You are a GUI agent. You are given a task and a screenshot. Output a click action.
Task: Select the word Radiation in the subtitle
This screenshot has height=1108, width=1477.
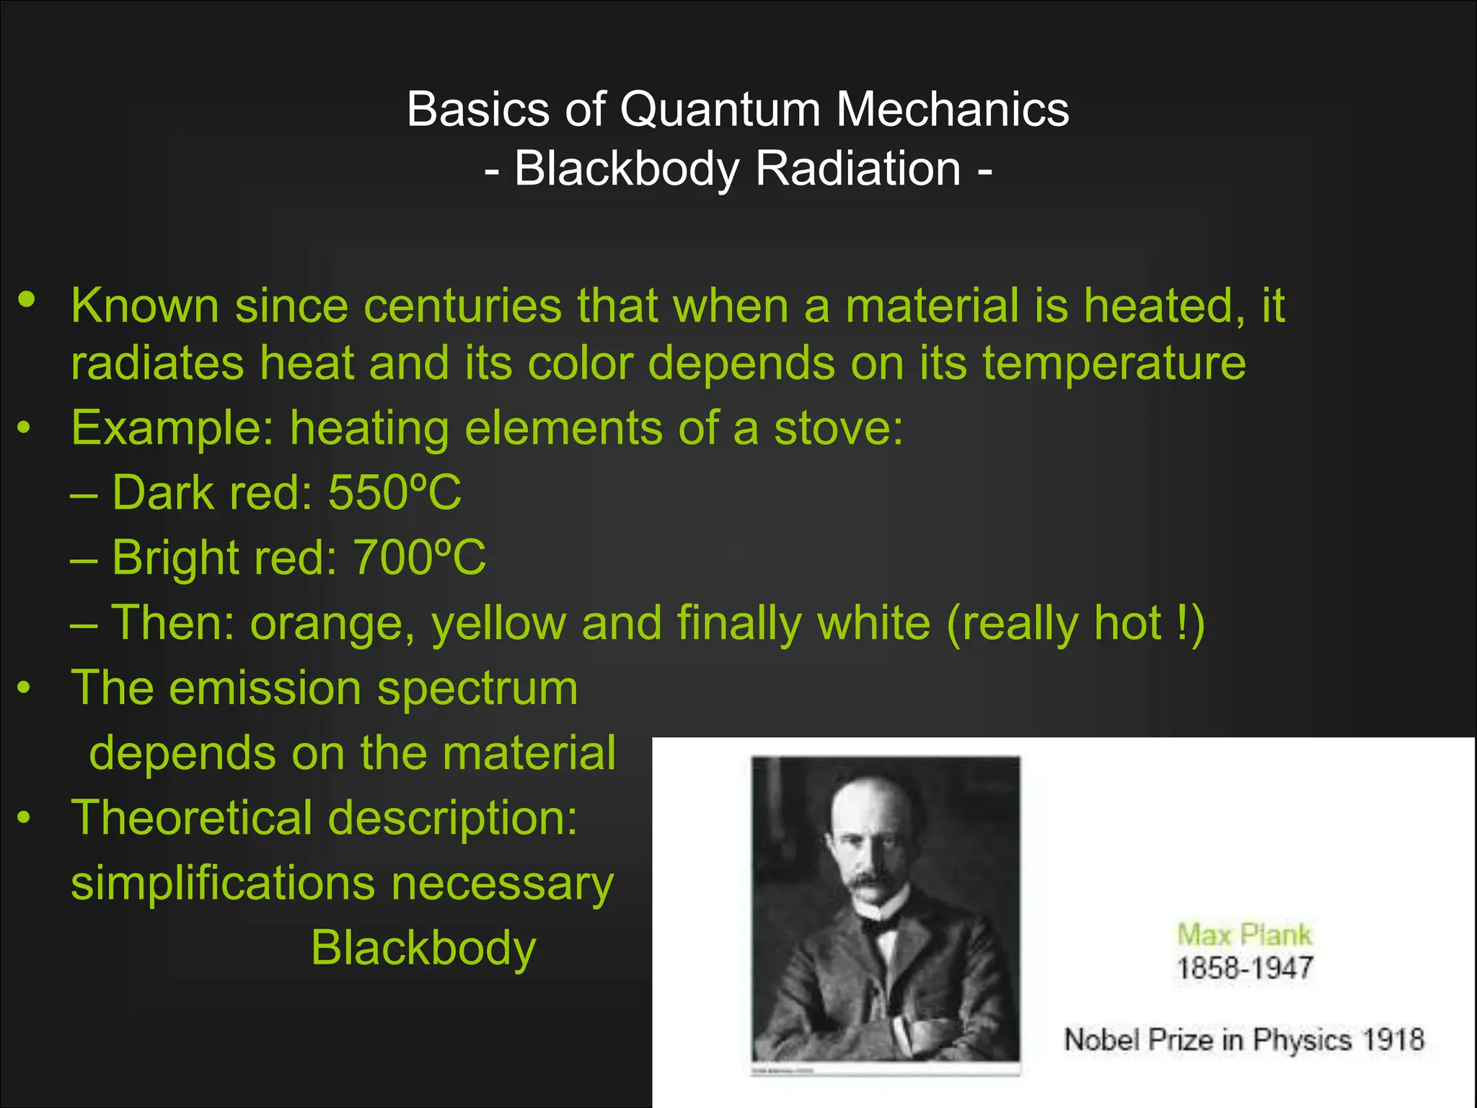[858, 170]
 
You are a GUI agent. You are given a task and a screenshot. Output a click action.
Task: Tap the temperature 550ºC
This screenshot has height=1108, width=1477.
[394, 493]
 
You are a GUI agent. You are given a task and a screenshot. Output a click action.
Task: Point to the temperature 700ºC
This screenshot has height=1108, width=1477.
[419, 558]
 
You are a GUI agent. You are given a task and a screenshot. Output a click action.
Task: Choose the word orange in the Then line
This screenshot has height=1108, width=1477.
[331, 623]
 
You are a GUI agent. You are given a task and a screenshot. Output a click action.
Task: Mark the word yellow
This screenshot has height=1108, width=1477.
[498, 625]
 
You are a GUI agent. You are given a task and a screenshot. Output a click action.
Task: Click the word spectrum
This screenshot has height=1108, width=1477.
[477, 690]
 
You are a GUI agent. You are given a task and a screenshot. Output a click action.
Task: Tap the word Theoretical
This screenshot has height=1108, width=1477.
[192, 818]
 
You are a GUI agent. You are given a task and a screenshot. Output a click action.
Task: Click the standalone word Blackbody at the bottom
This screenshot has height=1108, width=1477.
[423, 948]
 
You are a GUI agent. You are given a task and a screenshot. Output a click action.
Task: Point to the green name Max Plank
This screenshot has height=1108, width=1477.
[1244, 935]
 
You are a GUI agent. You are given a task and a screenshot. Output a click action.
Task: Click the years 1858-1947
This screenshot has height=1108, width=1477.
[1245, 968]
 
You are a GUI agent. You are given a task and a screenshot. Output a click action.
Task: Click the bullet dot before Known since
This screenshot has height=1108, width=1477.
[27, 299]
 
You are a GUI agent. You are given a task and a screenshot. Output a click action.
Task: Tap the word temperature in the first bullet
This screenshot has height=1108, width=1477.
[1114, 363]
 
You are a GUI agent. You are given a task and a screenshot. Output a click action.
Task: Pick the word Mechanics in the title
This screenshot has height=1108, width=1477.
[952, 110]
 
